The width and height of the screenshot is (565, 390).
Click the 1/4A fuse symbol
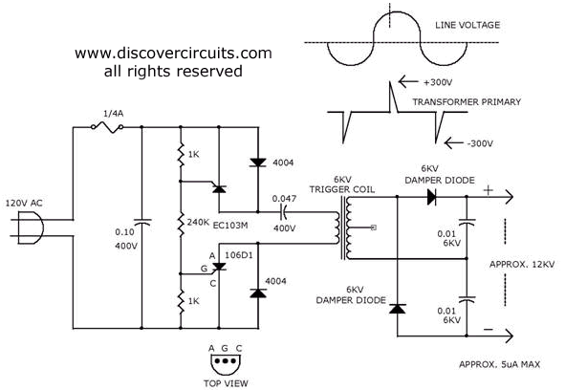tap(107, 127)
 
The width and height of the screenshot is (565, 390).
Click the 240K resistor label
tap(198, 223)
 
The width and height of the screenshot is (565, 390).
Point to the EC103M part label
tap(230, 226)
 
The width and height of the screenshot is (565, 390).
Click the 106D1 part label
tap(239, 255)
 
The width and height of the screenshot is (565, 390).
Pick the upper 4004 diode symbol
tap(258, 162)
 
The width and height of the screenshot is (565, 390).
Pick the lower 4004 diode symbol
tap(258, 293)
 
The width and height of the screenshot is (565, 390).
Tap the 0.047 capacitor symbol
tap(284, 212)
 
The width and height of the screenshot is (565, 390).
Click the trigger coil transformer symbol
tap(343, 228)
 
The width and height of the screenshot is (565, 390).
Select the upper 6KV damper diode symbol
tap(432, 197)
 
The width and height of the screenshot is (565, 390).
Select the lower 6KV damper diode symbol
tap(398, 309)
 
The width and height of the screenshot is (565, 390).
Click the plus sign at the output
tap(489, 190)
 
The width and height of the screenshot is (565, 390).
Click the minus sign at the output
tap(489, 329)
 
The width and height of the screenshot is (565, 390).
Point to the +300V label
tap(438, 82)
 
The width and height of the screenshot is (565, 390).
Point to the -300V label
tap(480, 143)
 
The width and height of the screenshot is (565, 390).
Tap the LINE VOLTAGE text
tap(467, 25)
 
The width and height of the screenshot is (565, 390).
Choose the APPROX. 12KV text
tap(522, 264)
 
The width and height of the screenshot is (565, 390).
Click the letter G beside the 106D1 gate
tap(204, 269)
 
